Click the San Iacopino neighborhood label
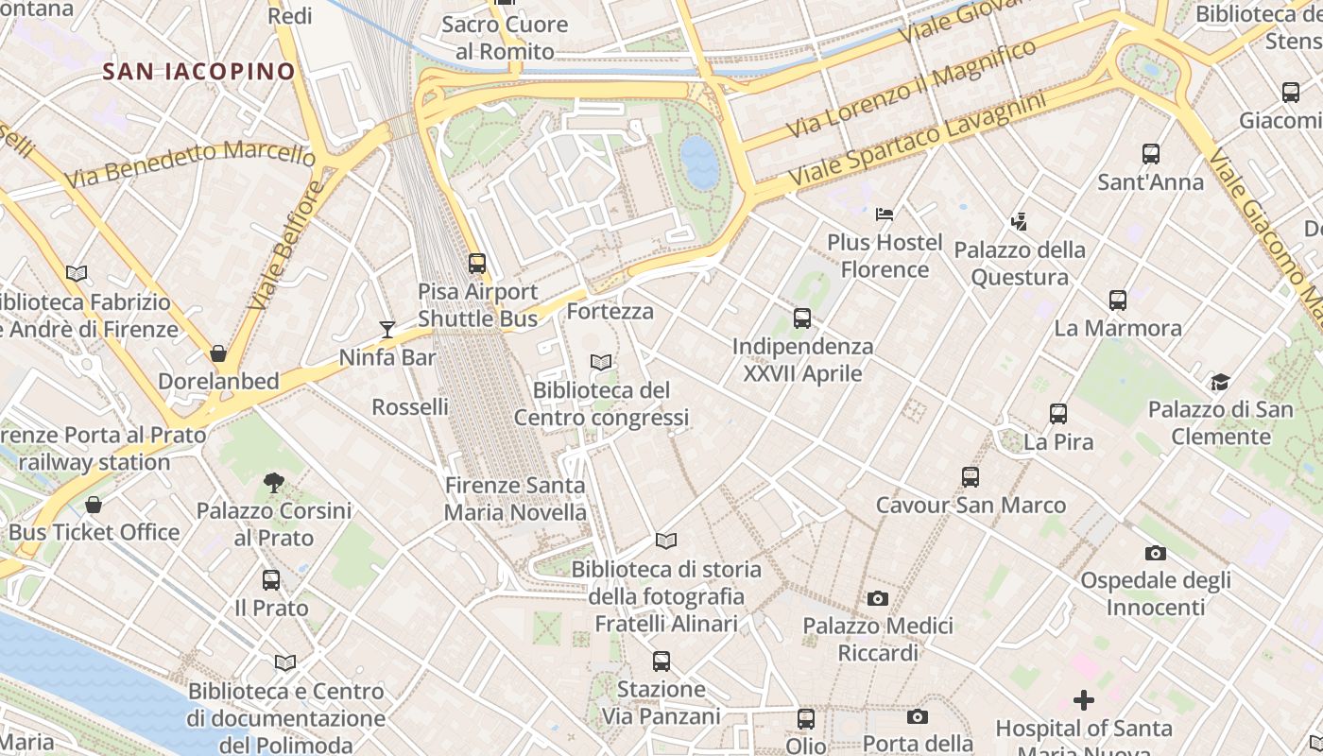[198, 71]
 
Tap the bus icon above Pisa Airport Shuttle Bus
[477, 264]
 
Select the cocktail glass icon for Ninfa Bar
[387, 329]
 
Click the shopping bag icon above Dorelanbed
[218, 353]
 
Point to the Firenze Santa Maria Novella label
[516, 499]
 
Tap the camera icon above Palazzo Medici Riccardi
[878, 598]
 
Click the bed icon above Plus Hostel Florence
[885, 215]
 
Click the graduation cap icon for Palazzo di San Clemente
[1220, 382]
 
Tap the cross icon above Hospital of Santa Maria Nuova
[1084, 700]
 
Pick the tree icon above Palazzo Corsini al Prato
[274, 483]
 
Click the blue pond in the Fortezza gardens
[699, 162]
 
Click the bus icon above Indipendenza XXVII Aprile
[802, 318]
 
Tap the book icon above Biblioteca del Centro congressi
[601, 362]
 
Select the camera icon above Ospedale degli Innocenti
[1155, 553]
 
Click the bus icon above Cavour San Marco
[971, 477]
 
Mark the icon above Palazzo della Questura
[1019, 222]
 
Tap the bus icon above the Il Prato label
[271, 579]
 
